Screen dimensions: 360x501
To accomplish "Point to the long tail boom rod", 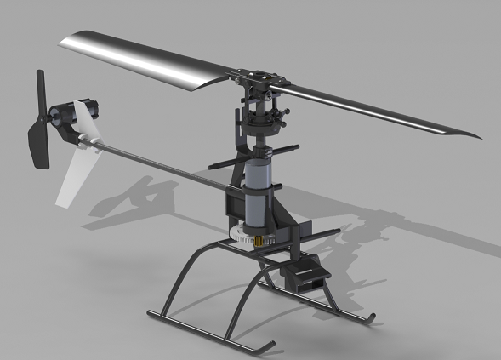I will (162, 163).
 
